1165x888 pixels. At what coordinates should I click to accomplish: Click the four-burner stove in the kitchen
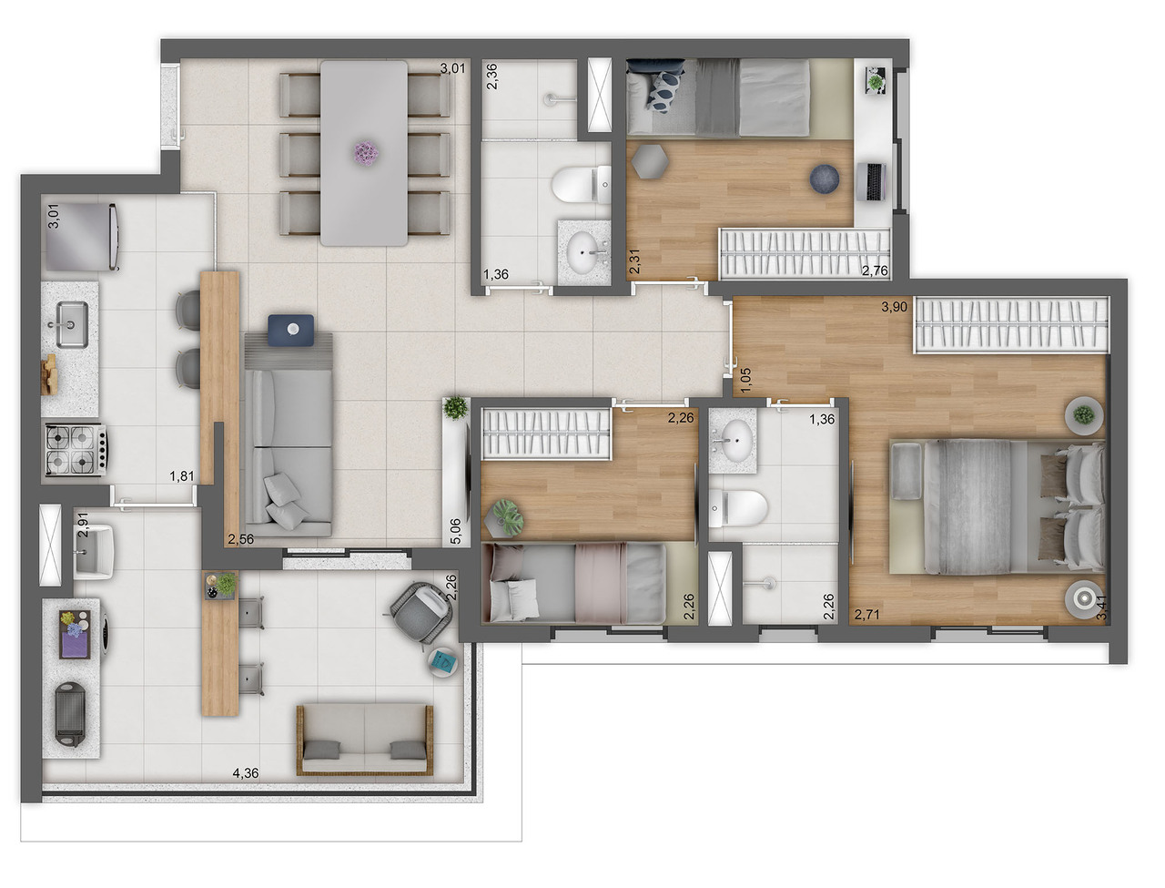point(73,450)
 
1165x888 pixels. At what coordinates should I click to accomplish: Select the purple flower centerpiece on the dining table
point(364,153)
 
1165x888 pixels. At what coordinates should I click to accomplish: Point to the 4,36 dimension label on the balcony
point(245,773)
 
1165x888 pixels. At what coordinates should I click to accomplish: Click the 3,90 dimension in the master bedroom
point(894,307)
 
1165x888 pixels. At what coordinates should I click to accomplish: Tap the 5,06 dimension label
point(456,531)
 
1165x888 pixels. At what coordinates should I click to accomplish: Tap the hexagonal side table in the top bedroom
point(650,162)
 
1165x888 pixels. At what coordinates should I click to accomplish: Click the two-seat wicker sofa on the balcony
point(362,739)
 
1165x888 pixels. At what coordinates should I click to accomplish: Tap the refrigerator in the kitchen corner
point(81,235)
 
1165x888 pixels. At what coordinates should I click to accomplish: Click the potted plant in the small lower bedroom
point(506,515)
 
